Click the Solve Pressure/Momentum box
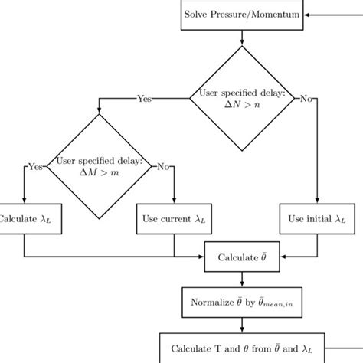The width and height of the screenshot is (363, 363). click(x=242, y=14)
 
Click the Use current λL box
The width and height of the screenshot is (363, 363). click(x=175, y=219)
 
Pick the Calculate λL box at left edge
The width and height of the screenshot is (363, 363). click(x=25, y=219)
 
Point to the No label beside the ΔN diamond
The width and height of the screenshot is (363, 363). click(x=306, y=98)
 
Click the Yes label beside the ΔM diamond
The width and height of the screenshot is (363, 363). click(x=34, y=166)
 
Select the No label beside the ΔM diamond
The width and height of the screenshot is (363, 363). click(x=162, y=166)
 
